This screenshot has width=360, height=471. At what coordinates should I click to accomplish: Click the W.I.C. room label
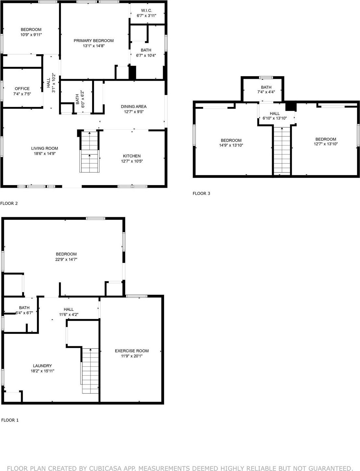pyautogui.click(x=147, y=10)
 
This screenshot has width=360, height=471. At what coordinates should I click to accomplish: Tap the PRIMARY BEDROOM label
pyautogui.click(x=94, y=41)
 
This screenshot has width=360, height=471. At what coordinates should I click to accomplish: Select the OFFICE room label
pyautogui.click(x=22, y=88)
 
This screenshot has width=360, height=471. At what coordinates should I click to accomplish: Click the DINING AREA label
pyautogui.click(x=134, y=106)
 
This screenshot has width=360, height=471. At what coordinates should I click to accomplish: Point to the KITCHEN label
pyautogui.click(x=132, y=156)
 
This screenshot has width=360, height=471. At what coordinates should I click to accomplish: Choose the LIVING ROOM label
pyautogui.click(x=45, y=148)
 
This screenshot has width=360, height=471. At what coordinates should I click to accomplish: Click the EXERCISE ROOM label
pyautogui.click(x=132, y=351)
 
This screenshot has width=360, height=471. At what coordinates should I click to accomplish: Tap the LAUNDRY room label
pyautogui.click(x=42, y=366)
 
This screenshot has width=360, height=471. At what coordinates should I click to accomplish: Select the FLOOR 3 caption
pyautogui.click(x=201, y=194)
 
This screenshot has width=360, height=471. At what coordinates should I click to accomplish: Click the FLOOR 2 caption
pyautogui.click(x=9, y=204)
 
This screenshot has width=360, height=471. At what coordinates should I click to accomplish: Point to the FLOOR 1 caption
pyautogui.click(x=10, y=420)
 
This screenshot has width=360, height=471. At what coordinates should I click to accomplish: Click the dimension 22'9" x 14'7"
pyautogui.click(x=66, y=259)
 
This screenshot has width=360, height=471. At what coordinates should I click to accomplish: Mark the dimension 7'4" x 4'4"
pyautogui.click(x=266, y=92)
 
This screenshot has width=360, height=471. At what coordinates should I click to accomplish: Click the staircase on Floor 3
pyautogui.click(x=282, y=151)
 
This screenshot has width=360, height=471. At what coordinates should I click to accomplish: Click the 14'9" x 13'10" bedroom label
pyautogui.click(x=231, y=140)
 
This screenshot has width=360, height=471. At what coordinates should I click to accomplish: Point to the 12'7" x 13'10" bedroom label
pyautogui.click(x=326, y=139)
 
